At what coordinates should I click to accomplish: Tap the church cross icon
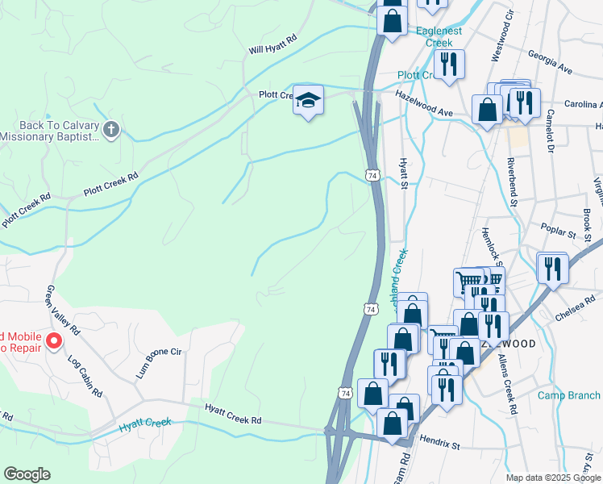(112, 129)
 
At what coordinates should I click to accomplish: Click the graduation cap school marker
(307, 100)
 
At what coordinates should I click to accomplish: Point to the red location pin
(54, 341)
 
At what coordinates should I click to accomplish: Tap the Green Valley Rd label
(63, 310)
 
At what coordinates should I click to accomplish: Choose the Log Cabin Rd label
(85, 375)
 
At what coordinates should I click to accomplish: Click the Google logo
(27, 474)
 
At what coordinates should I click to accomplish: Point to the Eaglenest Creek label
(440, 37)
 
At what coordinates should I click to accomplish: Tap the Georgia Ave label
(550, 62)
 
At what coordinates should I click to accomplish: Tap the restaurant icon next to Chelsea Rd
(552, 268)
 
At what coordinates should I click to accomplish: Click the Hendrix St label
(439, 444)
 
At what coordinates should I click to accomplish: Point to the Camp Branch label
(569, 395)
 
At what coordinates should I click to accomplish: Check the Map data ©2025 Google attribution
(552, 478)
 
